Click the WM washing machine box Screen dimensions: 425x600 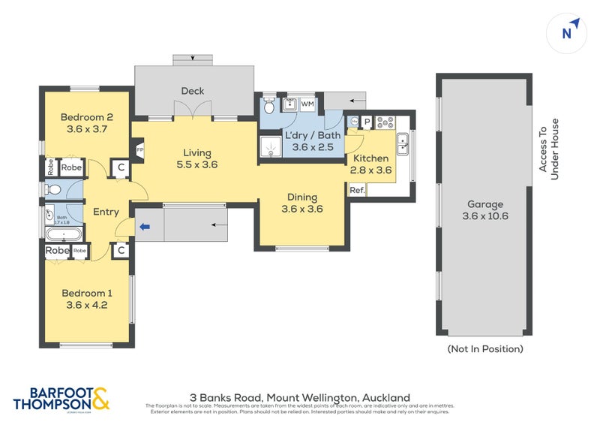coord(308,104)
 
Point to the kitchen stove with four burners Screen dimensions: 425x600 coord(387,121)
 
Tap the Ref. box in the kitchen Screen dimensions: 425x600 coord(357,191)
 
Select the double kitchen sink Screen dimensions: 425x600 coord(403,143)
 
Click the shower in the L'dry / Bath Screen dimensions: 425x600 coord(270,148)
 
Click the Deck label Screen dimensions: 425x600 coord(192,92)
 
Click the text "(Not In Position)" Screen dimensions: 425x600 coord(484,349)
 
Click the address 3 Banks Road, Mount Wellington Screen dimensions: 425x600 coord(300,396)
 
